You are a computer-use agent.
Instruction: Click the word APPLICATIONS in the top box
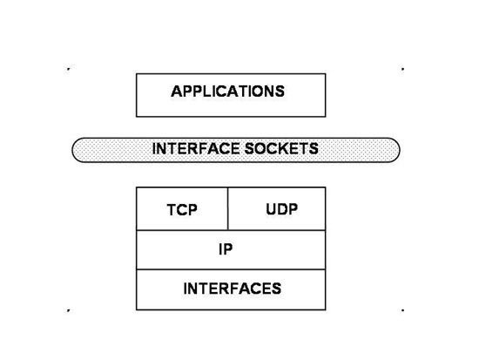pos(227,92)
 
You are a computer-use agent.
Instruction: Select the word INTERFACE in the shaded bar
pos(196,149)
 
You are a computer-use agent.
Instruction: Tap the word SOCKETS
pos(281,149)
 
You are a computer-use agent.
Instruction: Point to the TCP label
pos(182,210)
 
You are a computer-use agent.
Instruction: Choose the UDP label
pos(281,209)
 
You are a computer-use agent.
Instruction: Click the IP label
pos(226,249)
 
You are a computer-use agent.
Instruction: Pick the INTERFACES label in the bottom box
pos(233,289)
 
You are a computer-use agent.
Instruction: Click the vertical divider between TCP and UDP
pos(228,209)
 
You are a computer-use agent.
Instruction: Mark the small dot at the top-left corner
pos(69,69)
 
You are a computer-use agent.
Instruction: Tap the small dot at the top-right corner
pos(402,69)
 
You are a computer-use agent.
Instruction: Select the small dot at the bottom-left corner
pos(69,310)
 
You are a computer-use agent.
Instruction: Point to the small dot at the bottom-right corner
pos(402,310)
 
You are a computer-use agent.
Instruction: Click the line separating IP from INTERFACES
pos(231,269)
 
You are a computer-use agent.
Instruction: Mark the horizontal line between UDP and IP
pos(277,230)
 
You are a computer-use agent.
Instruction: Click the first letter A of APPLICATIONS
pos(177,92)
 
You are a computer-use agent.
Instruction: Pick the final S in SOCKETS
pos(314,149)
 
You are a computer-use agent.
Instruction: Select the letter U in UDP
pos(271,209)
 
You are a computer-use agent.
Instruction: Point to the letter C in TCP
pos(181,210)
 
